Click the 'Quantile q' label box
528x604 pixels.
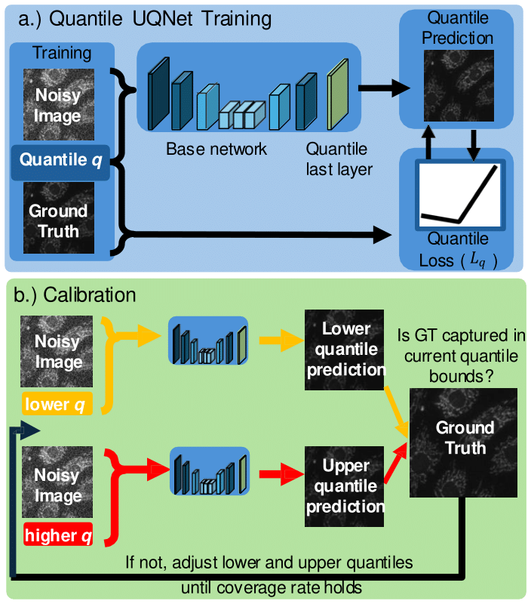point(60,162)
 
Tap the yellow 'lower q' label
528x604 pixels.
point(57,403)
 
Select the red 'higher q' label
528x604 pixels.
point(58,535)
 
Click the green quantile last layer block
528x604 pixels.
point(337,94)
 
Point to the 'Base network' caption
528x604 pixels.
point(216,149)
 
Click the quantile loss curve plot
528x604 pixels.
point(459,195)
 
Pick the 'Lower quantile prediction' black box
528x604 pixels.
point(345,350)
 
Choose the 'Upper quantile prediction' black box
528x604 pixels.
point(345,486)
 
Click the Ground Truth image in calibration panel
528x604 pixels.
point(463,442)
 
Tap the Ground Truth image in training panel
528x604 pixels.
point(59,217)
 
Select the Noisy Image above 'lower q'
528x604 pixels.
point(57,351)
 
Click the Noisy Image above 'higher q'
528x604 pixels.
point(57,482)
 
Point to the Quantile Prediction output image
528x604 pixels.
point(459,85)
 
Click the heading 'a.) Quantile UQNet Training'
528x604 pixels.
point(145,18)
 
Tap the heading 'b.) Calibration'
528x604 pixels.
point(75,295)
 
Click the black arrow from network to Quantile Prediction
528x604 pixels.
point(384,88)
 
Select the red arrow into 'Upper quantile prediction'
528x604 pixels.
point(281,474)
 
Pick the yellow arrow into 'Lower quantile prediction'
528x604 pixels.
point(281,341)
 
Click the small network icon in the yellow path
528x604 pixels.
point(208,341)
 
